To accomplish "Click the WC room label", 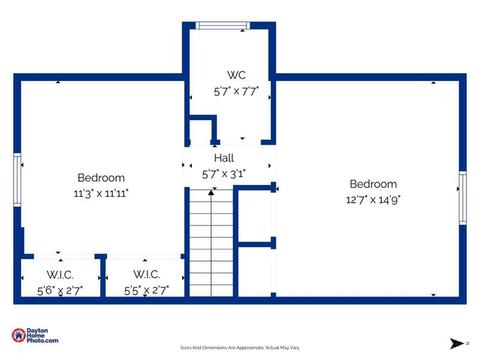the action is (236, 75).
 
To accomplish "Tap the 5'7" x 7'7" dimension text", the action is (236, 91).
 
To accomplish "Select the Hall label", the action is (224, 158).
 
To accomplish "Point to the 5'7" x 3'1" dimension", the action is (224, 174).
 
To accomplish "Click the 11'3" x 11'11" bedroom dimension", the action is (101, 193).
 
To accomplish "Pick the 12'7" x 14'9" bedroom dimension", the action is (373, 200).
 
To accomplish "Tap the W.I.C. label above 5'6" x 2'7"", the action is (60, 275).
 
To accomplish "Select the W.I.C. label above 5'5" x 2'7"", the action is (146, 274).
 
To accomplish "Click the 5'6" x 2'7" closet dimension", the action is (60, 290).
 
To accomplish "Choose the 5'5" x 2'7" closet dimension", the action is (146, 290).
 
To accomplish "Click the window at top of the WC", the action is (223, 25).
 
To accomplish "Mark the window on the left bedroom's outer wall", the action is (17, 179).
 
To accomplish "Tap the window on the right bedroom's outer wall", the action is (463, 198).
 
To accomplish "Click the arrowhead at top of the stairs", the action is (211, 193).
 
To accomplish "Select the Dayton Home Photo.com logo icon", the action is (19, 335).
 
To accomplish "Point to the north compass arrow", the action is (457, 343).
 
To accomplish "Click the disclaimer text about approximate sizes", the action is (239, 347).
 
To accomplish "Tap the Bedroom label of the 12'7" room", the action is (373, 184).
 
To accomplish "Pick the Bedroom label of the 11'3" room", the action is (101, 178).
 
